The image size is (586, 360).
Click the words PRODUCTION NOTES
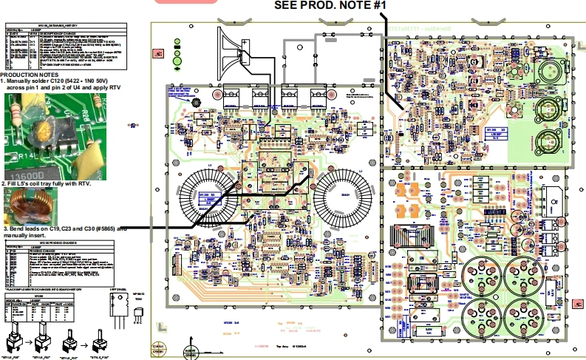30,75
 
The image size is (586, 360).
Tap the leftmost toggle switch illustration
15,342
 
